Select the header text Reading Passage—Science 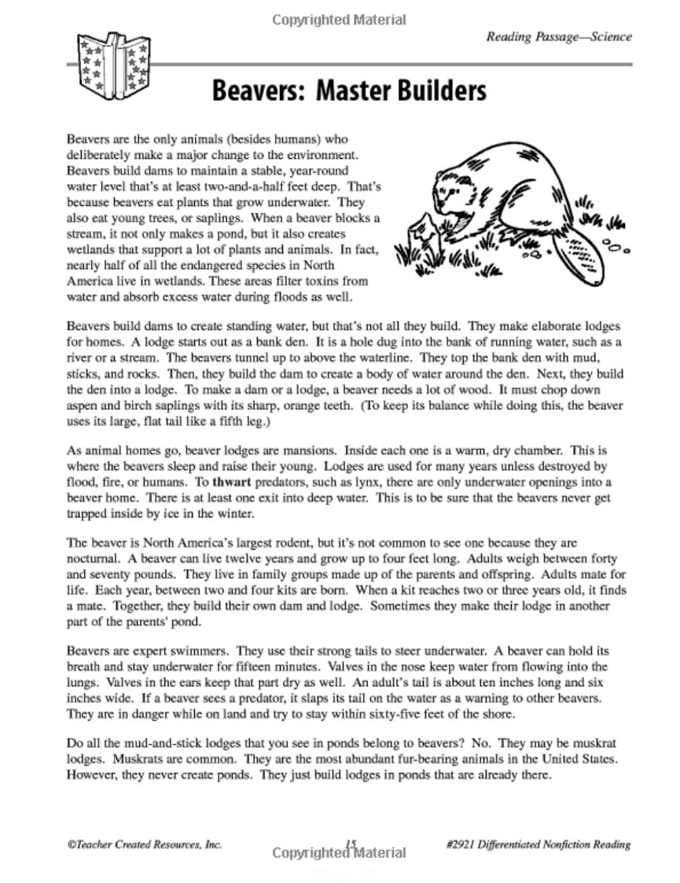tap(559, 36)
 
